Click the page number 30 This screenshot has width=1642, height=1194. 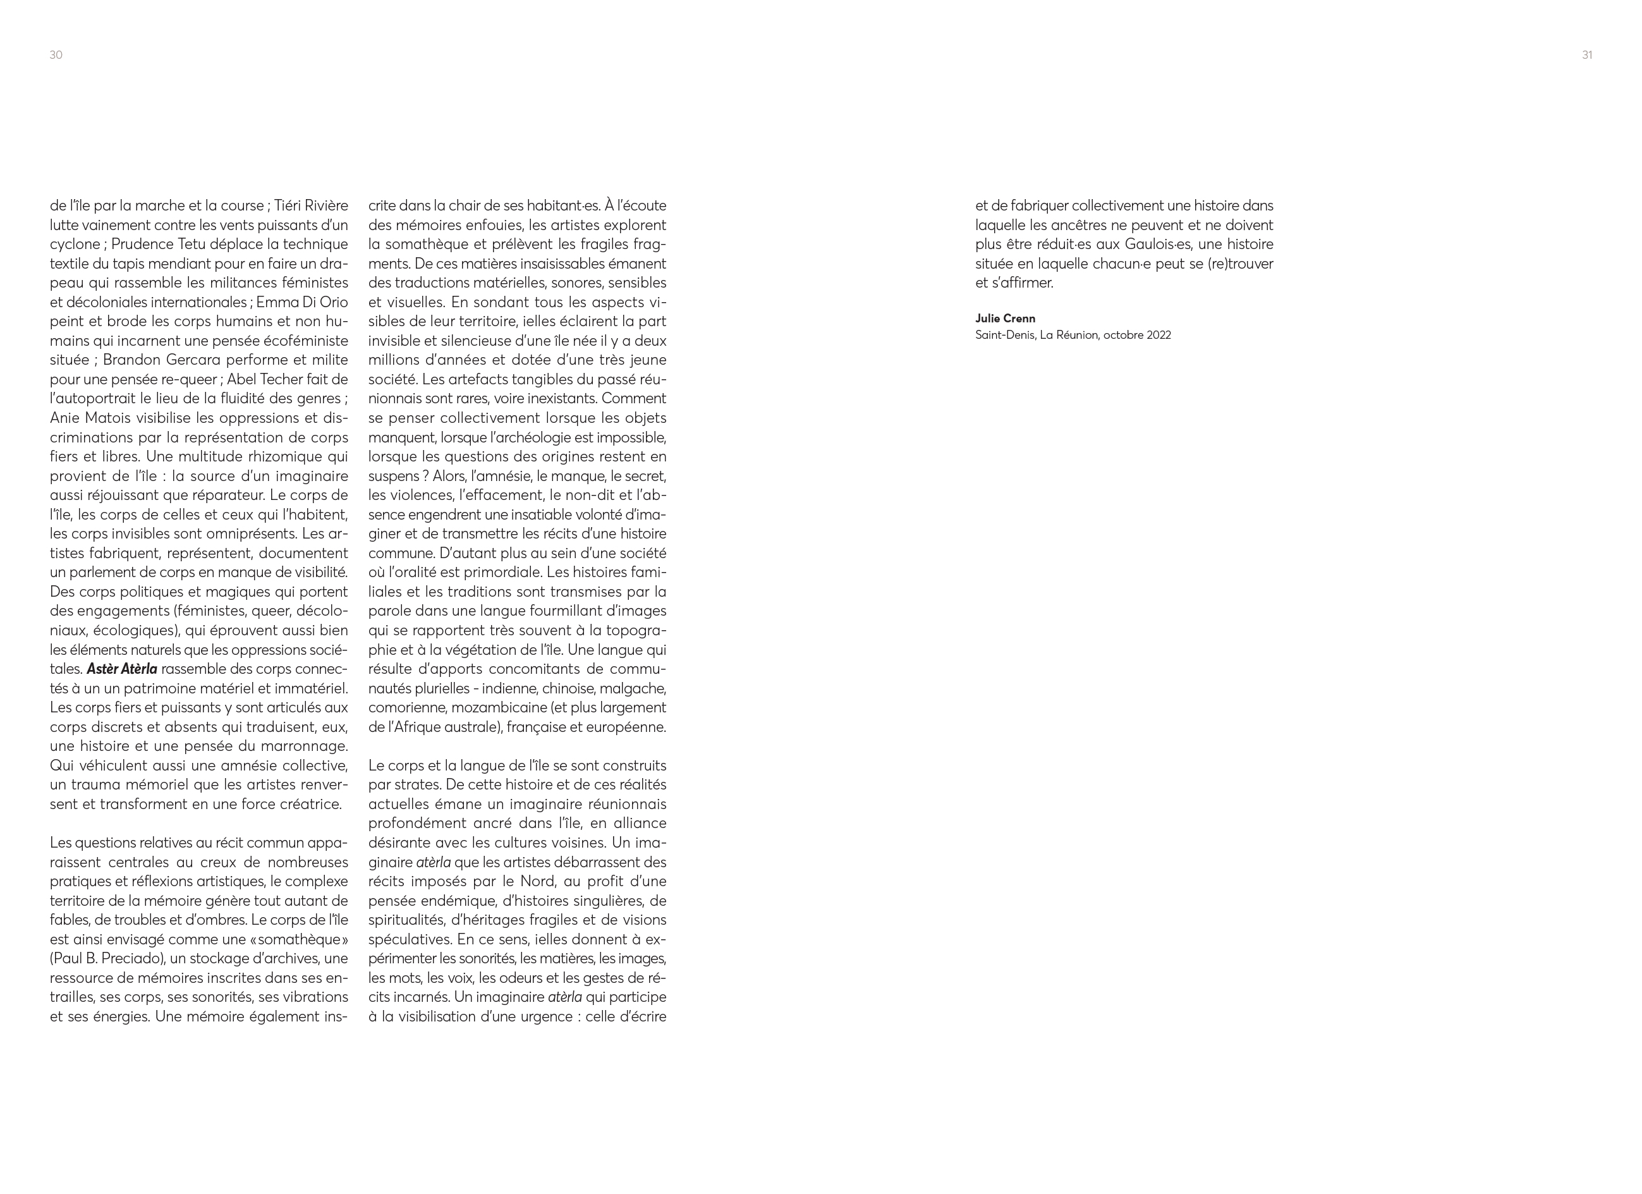pyautogui.click(x=56, y=55)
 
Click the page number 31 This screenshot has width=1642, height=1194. pyautogui.click(x=1587, y=55)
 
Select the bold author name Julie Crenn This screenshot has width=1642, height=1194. pyautogui.click(x=1005, y=319)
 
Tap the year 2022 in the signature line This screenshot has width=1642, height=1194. pyautogui.click(x=1158, y=335)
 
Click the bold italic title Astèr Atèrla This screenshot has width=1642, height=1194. pyautogui.click(x=121, y=669)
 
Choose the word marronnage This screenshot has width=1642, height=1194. pyautogui.click(x=302, y=746)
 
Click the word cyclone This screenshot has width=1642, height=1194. pyautogui.click(x=76, y=244)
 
